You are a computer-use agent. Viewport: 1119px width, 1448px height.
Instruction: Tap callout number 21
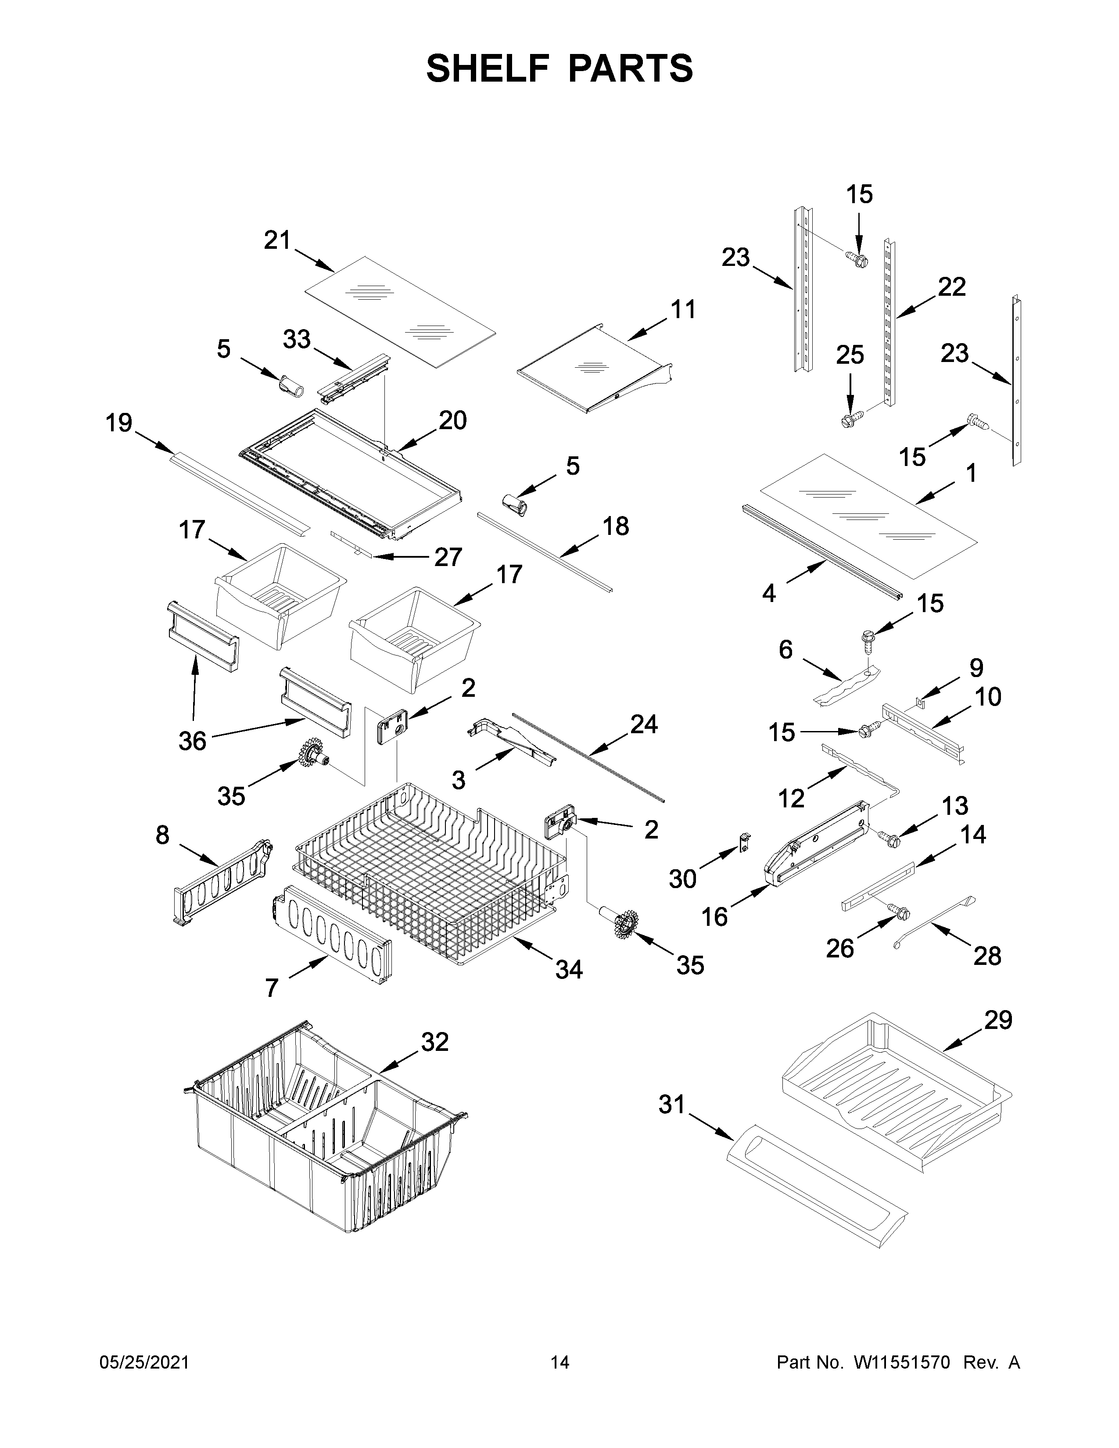coord(277,240)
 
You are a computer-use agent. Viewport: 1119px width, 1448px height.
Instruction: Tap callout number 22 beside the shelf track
coord(951,287)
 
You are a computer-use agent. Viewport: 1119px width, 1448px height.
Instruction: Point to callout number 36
coord(192,741)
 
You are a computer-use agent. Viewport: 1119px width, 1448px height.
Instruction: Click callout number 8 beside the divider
coord(162,835)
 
